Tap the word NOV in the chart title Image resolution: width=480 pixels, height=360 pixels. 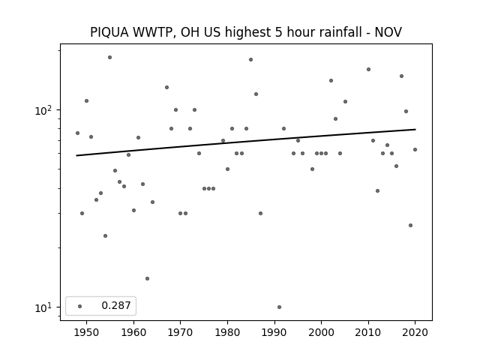click(388, 32)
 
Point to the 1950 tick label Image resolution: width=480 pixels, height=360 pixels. click(86, 332)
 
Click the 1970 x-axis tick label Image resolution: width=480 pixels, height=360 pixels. click(180, 332)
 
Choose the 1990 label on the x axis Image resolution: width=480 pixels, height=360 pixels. click(274, 332)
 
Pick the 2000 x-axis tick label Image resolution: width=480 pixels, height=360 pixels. click(321, 332)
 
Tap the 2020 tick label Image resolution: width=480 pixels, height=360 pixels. click(415, 332)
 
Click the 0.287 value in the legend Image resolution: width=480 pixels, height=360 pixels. click(116, 305)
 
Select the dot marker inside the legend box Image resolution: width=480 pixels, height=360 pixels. click(80, 306)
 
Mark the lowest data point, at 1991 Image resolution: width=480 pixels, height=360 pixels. click(279, 307)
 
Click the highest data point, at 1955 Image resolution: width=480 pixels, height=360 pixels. click(110, 57)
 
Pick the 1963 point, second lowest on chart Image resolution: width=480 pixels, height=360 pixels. click(147, 278)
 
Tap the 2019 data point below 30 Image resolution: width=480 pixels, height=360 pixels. click(410, 225)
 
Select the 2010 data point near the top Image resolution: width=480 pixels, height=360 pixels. click(368, 70)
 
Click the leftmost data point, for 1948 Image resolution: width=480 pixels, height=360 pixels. click(77, 133)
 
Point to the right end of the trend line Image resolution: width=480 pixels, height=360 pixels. click(415, 130)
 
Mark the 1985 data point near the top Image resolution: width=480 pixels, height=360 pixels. click(250, 60)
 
